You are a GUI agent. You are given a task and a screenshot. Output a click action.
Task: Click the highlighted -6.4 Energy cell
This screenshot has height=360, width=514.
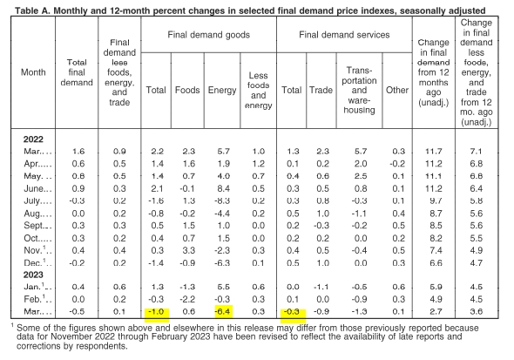[x=222, y=311]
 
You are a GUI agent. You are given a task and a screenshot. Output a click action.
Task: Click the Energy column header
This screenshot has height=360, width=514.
[x=222, y=90]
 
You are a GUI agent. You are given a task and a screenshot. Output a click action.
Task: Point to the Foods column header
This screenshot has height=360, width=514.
[x=187, y=90]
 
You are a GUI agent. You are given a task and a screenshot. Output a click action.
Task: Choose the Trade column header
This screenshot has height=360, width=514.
[x=321, y=90]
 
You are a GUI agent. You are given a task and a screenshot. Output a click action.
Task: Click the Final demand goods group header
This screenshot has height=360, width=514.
[x=208, y=35]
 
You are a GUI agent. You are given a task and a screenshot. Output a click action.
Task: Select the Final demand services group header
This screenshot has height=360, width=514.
[x=344, y=35]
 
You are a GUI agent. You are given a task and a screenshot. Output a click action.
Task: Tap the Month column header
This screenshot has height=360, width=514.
[x=33, y=72]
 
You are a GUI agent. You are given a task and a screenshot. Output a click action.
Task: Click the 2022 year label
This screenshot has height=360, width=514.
[x=33, y=139]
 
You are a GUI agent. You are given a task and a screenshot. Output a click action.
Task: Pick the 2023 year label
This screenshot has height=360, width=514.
[x=33, y=275]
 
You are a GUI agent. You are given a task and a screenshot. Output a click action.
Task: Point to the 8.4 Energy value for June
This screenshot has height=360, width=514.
[x=223, y=188]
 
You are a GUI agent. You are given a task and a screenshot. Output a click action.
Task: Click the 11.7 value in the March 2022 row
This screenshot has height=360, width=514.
[x=433, y=151]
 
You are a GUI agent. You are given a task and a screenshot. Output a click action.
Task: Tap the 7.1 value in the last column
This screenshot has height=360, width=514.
[x=476, y=151]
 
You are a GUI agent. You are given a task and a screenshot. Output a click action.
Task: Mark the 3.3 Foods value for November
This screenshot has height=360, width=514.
[x=188, y=250]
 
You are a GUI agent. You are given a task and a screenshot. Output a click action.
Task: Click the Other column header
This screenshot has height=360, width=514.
[x=397, y=90]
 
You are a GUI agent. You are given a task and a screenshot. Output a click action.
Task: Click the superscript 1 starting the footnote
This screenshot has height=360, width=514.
[x=12, y=325]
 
